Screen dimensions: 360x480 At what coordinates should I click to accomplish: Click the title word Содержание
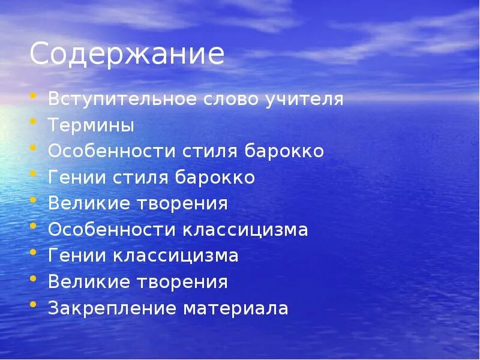(127, 55)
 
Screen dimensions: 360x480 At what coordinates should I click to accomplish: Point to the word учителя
(305, 99)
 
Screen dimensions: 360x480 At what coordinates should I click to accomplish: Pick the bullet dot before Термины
(34, 123)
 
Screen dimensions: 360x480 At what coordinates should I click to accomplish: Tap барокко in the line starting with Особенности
(284, 151)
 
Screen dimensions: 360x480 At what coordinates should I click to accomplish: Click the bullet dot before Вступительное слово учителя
(34, 97)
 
